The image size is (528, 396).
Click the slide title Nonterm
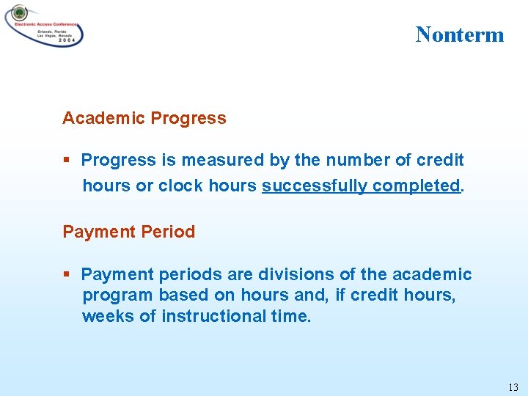[460, 34]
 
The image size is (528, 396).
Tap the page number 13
[513, 386]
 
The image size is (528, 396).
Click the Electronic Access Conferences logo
[44, 25]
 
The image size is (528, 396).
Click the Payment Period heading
[129, 232]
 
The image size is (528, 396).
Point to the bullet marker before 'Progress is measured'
[66, 160]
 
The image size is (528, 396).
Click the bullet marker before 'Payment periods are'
[66, 274]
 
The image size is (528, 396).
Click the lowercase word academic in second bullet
[432, 274]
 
